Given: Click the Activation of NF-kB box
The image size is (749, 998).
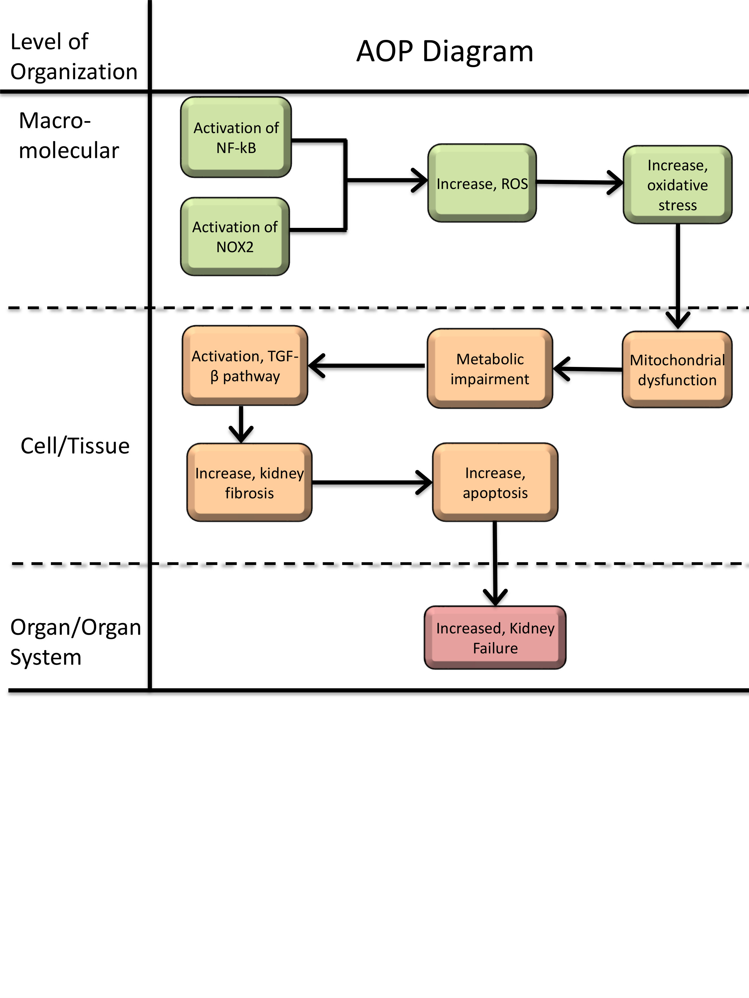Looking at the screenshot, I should [x=236, y=137].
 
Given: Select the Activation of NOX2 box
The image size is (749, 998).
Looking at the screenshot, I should [x=235, y=237].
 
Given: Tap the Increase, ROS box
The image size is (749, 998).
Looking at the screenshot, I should [x=482, y=183].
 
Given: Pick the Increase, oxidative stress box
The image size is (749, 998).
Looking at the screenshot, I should [x=677, y=185].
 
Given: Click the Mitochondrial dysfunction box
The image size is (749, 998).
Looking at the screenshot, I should [x=677, y=370].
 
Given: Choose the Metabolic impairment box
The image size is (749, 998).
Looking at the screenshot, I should [x=490, y=369].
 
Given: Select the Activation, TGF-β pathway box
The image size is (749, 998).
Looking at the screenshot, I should [x=245, y=366].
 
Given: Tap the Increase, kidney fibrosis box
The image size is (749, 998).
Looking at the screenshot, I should [x=249, y=482].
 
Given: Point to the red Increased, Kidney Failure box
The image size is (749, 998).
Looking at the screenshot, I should [x=495, y=637].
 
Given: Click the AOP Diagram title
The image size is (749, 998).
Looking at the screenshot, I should [x=445, y=51].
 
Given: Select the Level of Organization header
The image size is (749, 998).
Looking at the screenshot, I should [x=74, y=57].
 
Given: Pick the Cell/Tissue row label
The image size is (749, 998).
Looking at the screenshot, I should [x=75, y=446].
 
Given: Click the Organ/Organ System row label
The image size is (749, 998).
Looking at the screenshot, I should [x=75, y=642].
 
